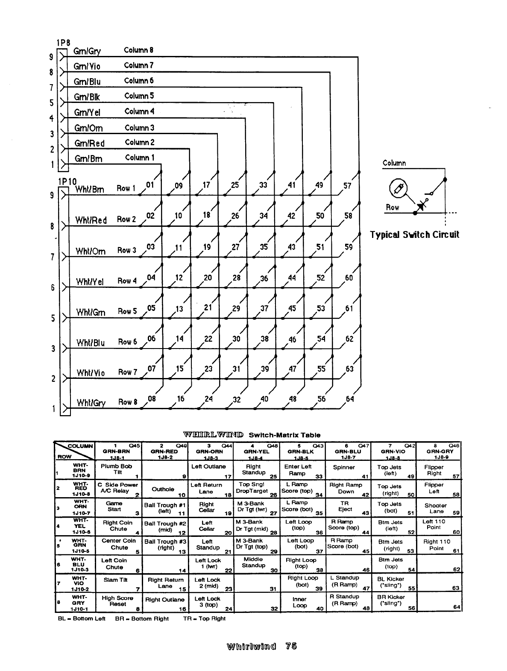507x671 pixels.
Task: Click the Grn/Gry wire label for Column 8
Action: (x=87, y=51)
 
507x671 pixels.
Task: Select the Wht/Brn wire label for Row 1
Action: (x=89, y=189)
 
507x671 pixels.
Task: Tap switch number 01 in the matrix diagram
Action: (x=150, y=185)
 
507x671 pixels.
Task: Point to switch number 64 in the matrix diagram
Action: (x=350, y=399)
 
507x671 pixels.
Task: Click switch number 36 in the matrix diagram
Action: (x=264, y=278)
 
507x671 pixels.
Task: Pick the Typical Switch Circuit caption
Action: (x=414, y=234)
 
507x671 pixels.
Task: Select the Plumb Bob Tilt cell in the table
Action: (x=116, y=469)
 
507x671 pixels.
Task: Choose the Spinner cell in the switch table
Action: (x=344, y=467)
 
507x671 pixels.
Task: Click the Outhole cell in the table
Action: (x=163, y=489)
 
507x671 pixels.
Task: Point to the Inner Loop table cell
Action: (x=299, y=602)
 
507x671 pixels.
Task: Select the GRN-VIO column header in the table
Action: (x=393, y=451)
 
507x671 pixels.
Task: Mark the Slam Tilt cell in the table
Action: (x=115, y=580)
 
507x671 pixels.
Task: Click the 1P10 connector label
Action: (x=65, y=181)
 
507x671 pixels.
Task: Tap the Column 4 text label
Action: (x=139, y=111)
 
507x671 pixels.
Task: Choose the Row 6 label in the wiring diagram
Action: (x=127, y=342)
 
